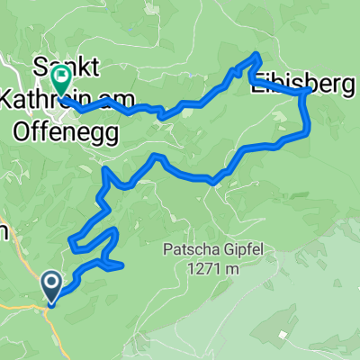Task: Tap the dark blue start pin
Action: tap(51, 286)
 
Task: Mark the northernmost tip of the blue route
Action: tap(257, 56)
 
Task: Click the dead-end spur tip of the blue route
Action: tap(122, 265)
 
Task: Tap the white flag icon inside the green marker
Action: tap(61, 78)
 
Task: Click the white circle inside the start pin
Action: tap(51, 284)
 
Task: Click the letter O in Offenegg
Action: tap(22, 130)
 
